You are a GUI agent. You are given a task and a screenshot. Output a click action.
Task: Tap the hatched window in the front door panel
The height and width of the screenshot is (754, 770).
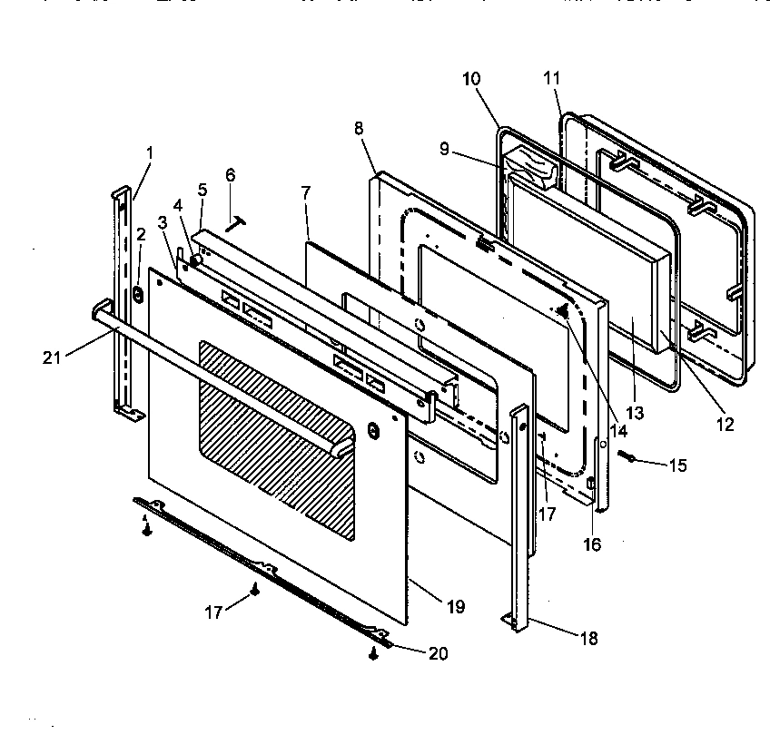pos(277,436)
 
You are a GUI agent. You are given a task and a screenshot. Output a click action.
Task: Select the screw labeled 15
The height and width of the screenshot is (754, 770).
pos(627,457)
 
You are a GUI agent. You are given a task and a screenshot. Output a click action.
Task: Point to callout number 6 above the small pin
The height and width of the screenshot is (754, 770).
pos(230,174)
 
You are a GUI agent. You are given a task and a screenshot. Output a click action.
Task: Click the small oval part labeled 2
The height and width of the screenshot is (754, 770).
pos(138,294)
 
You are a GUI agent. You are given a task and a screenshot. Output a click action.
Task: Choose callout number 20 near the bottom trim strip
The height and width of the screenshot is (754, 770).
pos(439,652)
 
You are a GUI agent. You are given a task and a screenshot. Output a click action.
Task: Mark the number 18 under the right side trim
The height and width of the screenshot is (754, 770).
pos(588,638)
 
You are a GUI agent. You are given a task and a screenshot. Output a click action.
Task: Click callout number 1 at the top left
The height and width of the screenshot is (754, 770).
pos(150,152)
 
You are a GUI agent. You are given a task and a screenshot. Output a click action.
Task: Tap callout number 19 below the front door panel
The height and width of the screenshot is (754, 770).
pos(456,607)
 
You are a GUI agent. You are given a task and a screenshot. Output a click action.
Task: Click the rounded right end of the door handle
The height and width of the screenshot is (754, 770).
pos(341,446)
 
